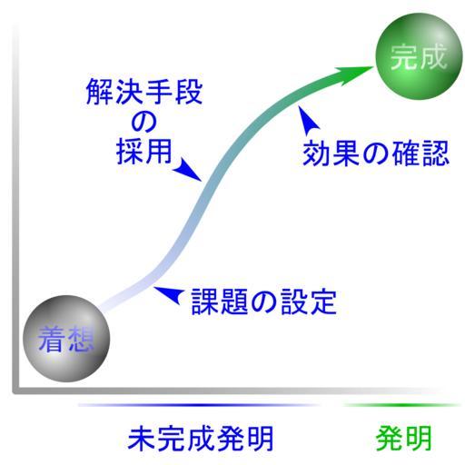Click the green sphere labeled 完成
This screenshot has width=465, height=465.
click(419, 56)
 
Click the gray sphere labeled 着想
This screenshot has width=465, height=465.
click(66, 339)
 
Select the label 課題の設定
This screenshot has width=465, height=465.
click(264, 302)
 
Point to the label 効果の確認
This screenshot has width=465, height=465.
click(375, 153)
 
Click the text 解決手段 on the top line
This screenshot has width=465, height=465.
click(144, 92)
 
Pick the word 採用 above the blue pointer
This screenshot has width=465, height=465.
click(144, 152)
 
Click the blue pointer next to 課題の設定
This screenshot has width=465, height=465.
click(170, 294)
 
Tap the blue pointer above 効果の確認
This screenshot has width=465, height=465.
click(307, 120)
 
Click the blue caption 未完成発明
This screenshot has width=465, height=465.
click(201, 439)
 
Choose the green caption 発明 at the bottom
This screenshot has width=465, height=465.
click(404, 439)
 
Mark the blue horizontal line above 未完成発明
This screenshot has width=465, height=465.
click(199, 405)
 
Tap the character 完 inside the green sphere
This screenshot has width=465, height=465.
click(404, 57)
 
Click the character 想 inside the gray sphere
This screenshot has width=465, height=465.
click(81, 340)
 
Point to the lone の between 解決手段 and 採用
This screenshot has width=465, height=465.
click(143, 122)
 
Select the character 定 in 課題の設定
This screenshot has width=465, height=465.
click(323, 302)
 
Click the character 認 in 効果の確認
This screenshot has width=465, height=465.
click(435, 153)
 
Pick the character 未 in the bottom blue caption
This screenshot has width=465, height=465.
click(142, 439)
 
